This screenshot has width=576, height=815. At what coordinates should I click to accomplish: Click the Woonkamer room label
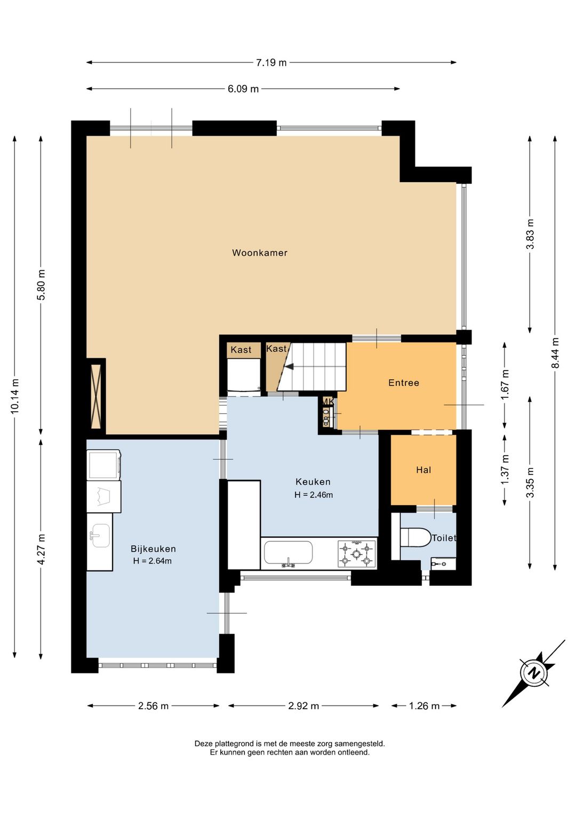coord(260,253)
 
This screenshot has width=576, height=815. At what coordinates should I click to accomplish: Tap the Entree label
coord(404,382)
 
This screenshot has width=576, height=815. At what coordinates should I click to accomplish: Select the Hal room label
coord(423,470)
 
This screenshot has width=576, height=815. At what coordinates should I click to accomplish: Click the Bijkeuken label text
coord(154,548)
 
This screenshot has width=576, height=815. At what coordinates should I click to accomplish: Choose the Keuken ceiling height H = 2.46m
coord(314,495)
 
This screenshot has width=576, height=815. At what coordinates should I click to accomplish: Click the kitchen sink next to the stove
coord(288,553)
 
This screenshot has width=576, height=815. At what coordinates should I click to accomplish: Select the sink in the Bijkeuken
coord(100,536)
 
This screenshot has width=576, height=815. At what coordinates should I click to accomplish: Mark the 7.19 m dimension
coord(271,62)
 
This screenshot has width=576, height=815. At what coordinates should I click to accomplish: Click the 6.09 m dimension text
coord(243,89)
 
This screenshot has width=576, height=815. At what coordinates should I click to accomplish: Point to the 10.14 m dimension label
coord(15,396)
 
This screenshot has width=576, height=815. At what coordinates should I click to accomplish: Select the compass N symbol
coord(533,673)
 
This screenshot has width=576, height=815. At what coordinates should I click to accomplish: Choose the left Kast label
coord(241,350)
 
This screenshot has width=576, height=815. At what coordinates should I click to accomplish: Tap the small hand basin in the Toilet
coord(443,563)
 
